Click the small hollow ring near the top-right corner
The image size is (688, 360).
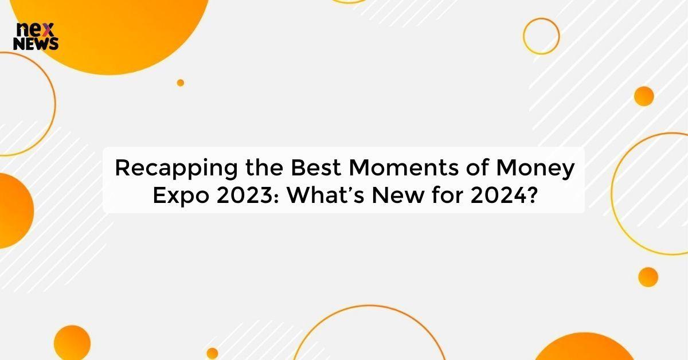(x=541, y=36)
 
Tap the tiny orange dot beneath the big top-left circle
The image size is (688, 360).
(x=181, y=83)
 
